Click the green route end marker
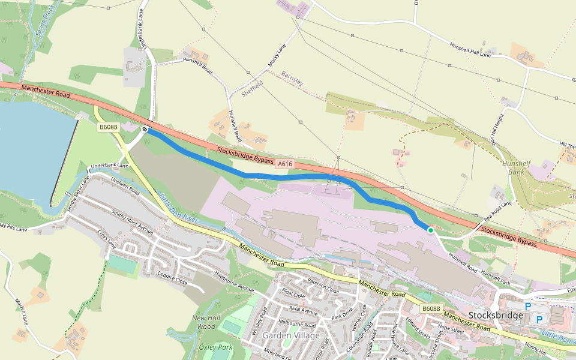pyautogui.click(x=430, y=230)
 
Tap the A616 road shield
pyautogui.click(x=284, y=163)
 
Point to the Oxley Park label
pyautogui.click(x=215, y=347)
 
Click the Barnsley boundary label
pyautogui.click(x=292, y=78)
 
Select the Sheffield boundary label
pyautogui.click(x=252, y=88)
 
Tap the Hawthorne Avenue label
pyautogui.click(x=235, y=280)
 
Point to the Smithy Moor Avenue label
pyautogui.click(x=133, y=222)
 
